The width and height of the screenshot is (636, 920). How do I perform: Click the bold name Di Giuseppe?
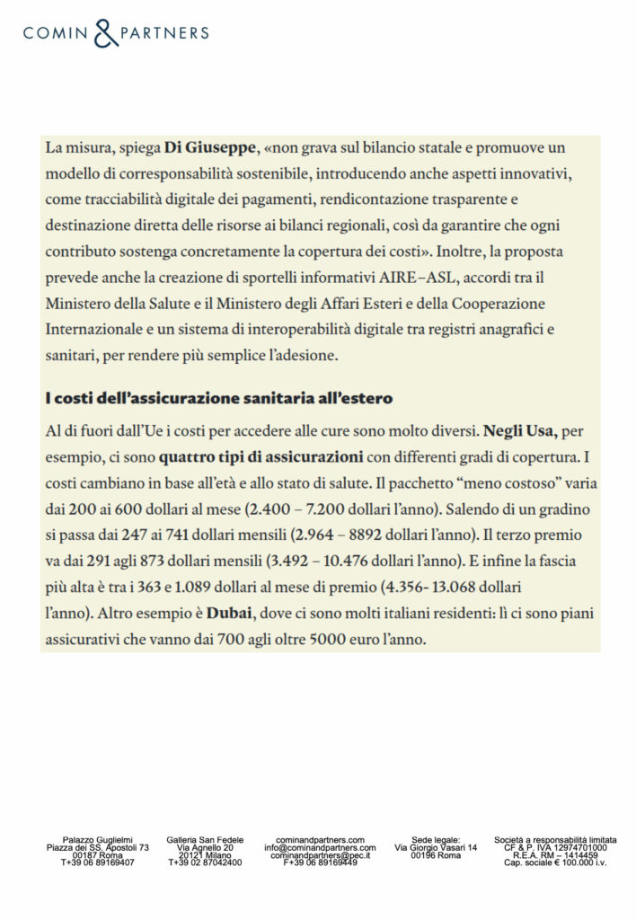tap(211, 146)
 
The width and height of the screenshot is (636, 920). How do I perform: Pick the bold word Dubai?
tap(228, 616)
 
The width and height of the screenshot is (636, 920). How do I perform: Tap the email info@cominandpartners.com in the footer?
tap(320, 847)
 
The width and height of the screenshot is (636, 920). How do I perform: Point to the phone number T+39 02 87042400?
tap(205, 862)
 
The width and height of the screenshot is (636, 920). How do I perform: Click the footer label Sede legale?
tap(436, 839)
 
